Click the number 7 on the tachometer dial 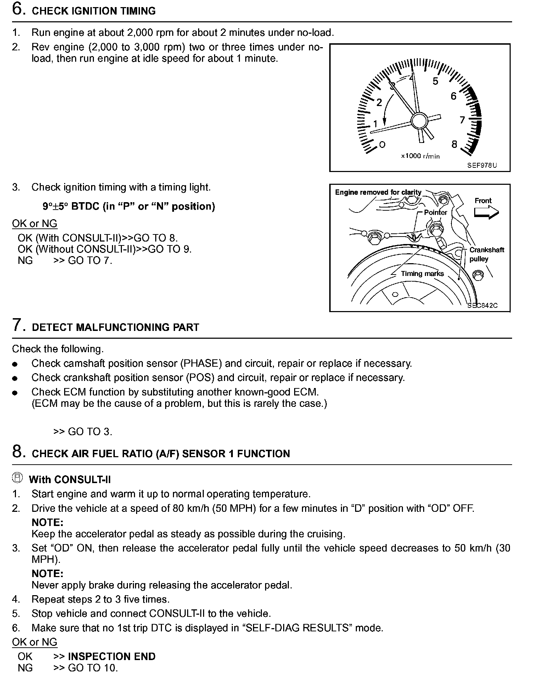[x=462, y=120]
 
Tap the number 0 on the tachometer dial [x=382, y=145]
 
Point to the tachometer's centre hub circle [x=419, y=121]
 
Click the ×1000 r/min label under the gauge [x=420, y=156]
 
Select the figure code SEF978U [x=482, y=165]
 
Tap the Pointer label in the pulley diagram [x=436, y=212]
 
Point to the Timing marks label [x=422, y=273]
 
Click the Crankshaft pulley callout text [x=486, y=254]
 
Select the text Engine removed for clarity [x=378, y=192]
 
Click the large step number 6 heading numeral [x=19, y=9]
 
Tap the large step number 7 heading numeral [x=19, y=325]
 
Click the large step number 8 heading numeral [x=19, y=452]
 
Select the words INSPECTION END [x=112, y=657]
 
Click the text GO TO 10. [x=92, y=668]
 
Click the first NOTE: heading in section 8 [x=47, y=522]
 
